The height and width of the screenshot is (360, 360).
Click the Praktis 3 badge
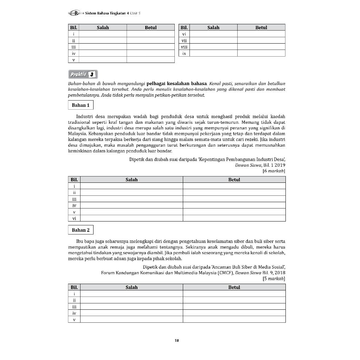coord(83,75)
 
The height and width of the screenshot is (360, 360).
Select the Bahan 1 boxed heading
coord(81,105)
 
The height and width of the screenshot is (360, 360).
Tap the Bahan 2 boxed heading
coord(81,230)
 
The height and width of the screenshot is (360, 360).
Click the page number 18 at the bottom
coord(176,340)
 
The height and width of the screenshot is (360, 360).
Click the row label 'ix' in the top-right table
coord(184,53)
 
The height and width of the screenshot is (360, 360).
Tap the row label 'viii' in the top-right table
coord(184,47)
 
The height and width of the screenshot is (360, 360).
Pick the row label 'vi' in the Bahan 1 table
coord(74,218)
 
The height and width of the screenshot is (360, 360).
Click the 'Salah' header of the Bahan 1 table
coord(131,180)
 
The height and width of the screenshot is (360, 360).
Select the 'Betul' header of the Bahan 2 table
coord(234,287)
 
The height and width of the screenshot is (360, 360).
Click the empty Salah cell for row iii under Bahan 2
coord(131,307)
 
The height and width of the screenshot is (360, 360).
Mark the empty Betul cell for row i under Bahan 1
coord(234,186)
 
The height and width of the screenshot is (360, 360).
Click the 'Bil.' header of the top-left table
coord(73,27)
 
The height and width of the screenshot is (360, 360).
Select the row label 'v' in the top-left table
coord(73,60)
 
